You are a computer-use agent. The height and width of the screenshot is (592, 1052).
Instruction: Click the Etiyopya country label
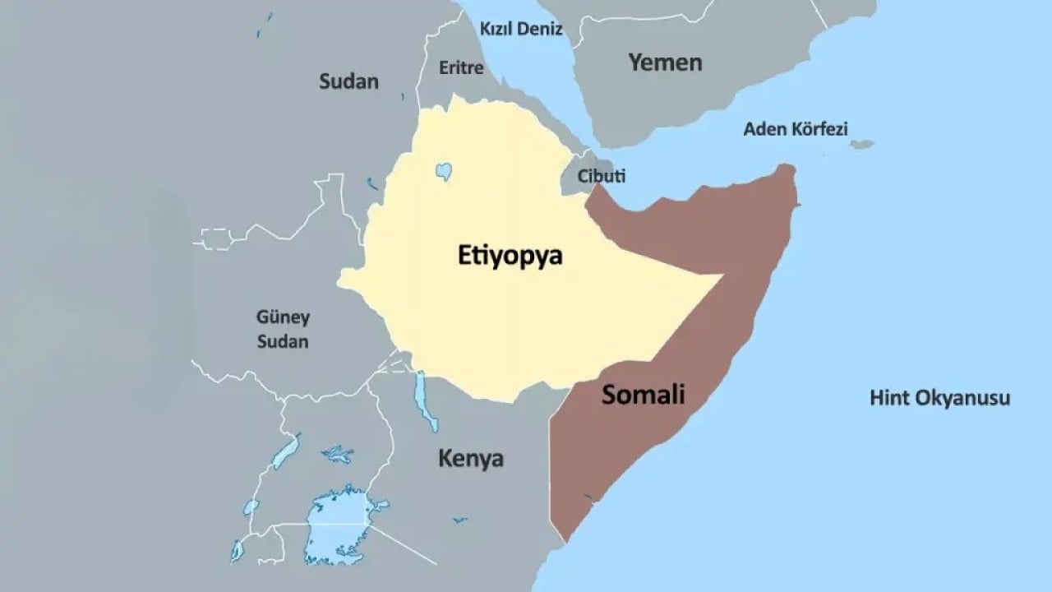pos(510,256)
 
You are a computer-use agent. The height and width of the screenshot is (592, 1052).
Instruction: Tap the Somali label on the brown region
pos(643,395)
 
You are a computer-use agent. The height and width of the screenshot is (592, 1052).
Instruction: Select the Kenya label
pos(470,458)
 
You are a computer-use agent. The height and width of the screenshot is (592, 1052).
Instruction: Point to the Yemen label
pos(665,62)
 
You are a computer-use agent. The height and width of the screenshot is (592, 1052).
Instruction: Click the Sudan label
pos(348,81)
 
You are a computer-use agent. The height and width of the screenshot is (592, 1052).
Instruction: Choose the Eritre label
pos(461,68)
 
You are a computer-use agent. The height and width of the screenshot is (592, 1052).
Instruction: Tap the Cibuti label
pos(602,176)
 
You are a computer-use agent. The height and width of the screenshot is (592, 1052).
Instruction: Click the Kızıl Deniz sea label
pos(520,30)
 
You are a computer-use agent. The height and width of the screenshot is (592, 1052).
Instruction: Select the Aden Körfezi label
pos(795,129)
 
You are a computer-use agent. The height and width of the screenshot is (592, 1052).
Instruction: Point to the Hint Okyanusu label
pos(939,399)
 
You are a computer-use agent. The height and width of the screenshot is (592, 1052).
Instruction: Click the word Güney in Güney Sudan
pos(283,317)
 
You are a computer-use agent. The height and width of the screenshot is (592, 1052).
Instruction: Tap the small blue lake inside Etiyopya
pos(443,171)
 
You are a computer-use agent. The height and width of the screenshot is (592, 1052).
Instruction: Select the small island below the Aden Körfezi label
pos(861,145)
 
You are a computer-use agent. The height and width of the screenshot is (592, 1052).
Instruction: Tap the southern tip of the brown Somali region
pos(565,539)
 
